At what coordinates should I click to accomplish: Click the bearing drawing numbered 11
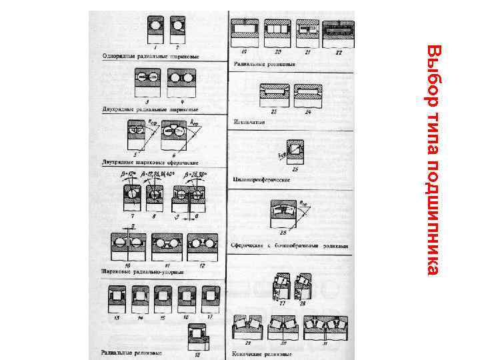coord(165,248)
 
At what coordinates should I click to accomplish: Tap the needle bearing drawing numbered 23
coord(275,93)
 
